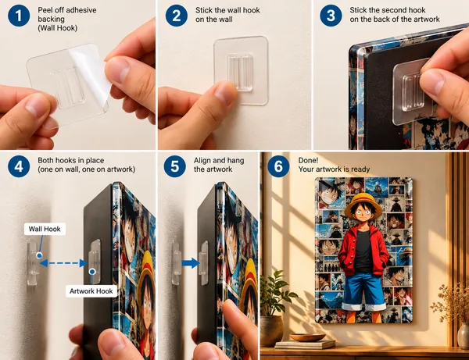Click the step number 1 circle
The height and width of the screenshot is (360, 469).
(19, 16)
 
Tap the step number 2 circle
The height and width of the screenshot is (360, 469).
(177, 16)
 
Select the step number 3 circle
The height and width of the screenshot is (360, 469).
(331, 16)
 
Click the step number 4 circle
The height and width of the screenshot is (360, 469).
(19, 166)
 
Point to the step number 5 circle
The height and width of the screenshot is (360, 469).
(175, 166)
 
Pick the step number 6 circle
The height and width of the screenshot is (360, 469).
(278, 166)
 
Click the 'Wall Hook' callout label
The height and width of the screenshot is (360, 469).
(45, 229)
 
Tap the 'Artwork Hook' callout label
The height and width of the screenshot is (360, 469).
(91, 291)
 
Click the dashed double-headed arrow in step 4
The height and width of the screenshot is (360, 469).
(63, 263)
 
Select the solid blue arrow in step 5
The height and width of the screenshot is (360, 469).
(191, 263)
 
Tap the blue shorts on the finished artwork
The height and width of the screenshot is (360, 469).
(363, 290)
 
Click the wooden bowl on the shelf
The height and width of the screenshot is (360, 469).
(307, 337)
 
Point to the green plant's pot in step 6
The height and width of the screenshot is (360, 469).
(271, 331)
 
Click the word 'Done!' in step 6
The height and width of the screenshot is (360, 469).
(308, 160)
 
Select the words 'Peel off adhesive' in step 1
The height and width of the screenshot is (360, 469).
(67, 10)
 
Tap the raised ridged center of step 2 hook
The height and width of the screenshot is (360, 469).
(240, 72)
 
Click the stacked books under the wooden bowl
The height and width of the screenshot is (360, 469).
(305, 344)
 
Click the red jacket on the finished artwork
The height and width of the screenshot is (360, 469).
(363, 249)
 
